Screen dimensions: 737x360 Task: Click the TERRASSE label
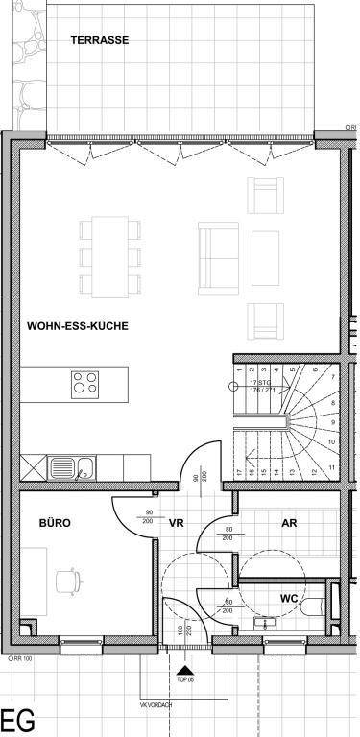pyautogui.click(x=100, y=40)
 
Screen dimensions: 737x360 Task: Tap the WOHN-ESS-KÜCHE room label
pyautogui.click(x=78, y=325)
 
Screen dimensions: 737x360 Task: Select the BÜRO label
pyautogui.click(x=56, y=524)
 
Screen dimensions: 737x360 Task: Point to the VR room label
pyautogui.click(x=177, y=524)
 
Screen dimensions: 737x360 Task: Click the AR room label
pyautogui.click(x=288, y=524)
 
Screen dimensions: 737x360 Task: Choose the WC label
pyautogui.click(x=287, y=598)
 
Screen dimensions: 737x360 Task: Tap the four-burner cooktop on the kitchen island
pyautogui.click(x=85, y=384)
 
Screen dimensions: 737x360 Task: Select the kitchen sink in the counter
pyautogui.click(x=64, y=468)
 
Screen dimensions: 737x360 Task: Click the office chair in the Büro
pyautogui.click(x=68, y=580)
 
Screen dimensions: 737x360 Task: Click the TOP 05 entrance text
pyautogui.click(x=184, y=682)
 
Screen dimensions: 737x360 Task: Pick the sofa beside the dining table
pyautogui.click(x=218, y=258)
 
